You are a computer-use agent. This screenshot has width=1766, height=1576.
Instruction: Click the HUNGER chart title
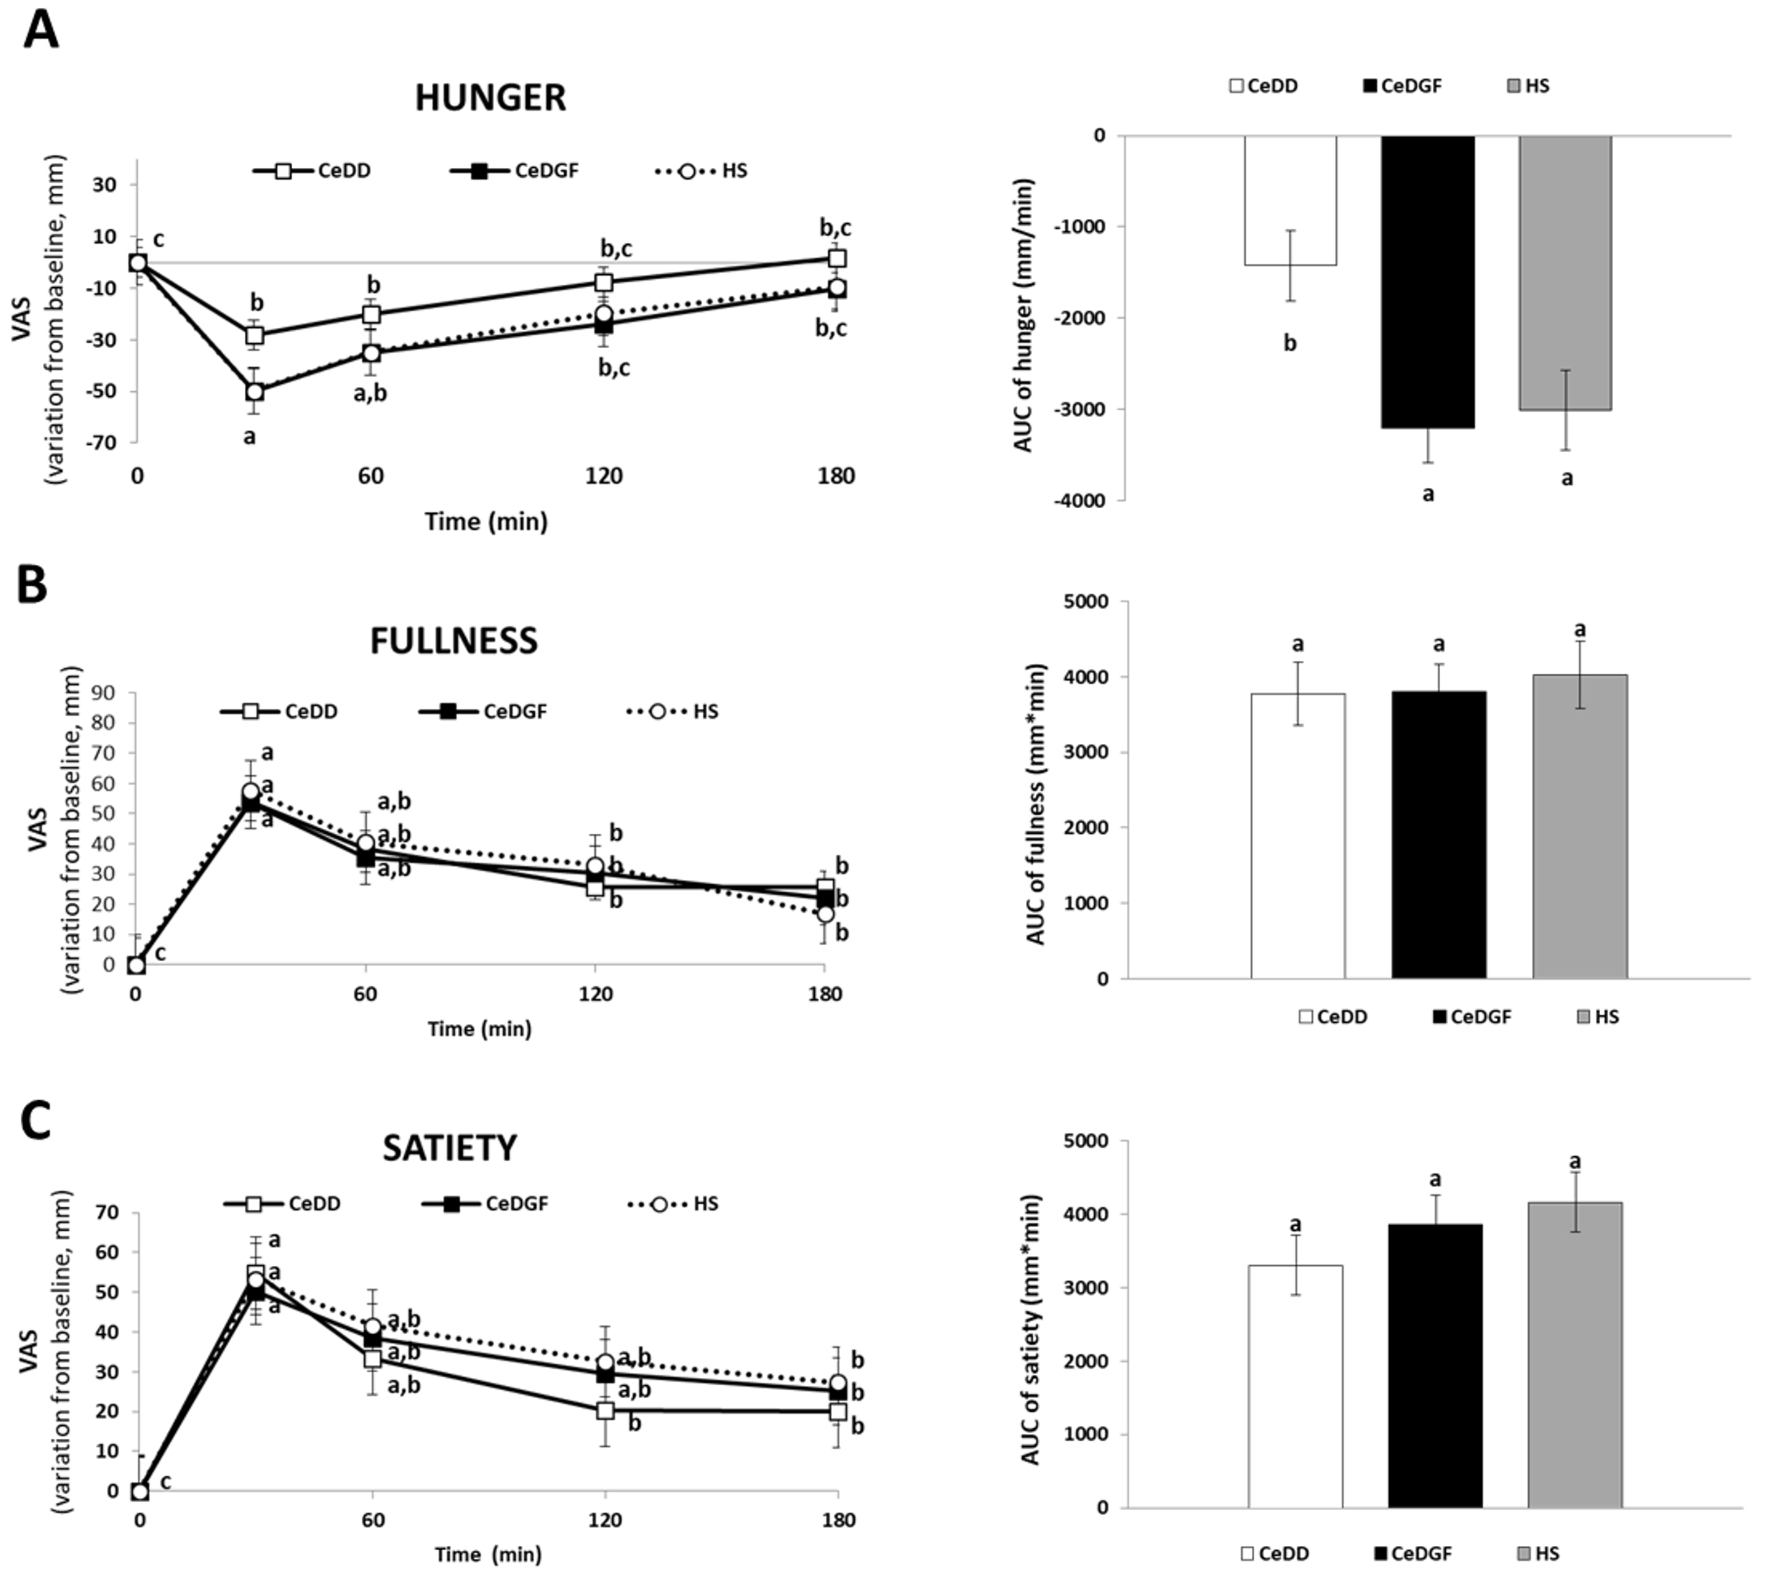pos(490,98)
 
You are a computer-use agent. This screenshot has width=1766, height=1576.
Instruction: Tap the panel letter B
pos(32,586)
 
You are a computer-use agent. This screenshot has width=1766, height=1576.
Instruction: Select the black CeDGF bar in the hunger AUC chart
pos(1427,281)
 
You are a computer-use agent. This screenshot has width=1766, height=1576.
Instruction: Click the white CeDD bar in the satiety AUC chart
pos(1295,1386)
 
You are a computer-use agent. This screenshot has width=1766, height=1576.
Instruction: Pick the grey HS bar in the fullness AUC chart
pos(1580,826)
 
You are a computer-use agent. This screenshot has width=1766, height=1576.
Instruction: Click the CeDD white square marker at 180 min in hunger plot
pos(836,258)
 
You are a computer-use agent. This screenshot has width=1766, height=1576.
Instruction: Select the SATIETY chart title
pos(449,1148)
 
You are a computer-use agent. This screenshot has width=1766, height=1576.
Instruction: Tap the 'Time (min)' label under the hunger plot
pos(486,521)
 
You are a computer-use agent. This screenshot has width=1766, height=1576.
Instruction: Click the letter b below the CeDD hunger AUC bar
pos(1289,344)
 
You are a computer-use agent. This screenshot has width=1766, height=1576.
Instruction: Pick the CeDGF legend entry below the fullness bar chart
pos(1472,1017)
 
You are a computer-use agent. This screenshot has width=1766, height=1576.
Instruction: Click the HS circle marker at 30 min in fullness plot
pos(251,792)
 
